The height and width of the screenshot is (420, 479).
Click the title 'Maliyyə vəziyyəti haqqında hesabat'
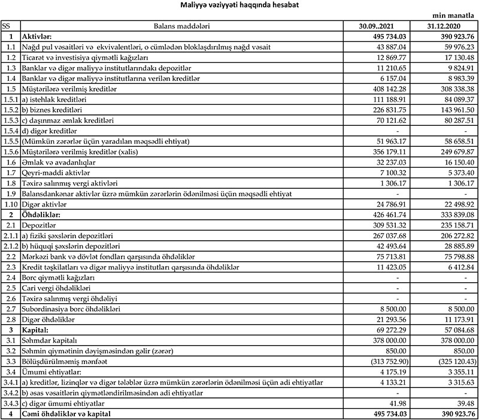[x=240, y=5]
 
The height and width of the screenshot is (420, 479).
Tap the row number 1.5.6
[x=10, y=152]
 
